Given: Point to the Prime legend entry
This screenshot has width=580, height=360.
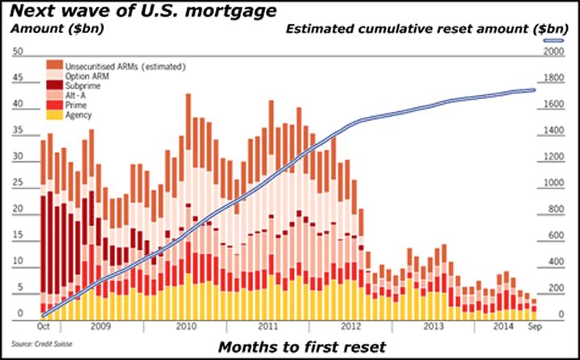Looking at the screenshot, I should [76, 106].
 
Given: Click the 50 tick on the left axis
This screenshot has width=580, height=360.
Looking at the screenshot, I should [17, 52].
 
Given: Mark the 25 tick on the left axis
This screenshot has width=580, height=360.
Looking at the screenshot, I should [17, 183].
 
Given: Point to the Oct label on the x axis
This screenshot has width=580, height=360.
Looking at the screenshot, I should [45, 326].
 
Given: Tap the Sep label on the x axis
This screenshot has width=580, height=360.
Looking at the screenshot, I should [534, 326].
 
